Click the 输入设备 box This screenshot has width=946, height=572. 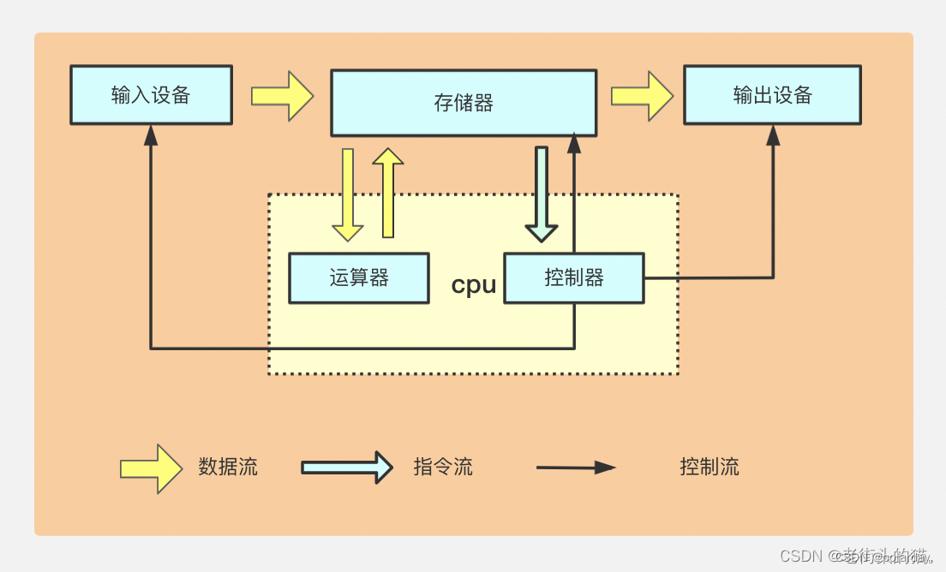tap(151, 95)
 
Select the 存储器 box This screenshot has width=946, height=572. tap(464, 103)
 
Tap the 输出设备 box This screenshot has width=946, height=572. tap(772, 95)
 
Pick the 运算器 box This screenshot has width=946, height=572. tap(359, 277)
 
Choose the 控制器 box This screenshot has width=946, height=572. tap(573, 277)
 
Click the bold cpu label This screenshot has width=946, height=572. tap(474, 285)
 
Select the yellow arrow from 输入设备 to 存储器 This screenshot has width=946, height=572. tap(282, 95)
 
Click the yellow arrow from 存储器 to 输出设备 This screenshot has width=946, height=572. tap(642, 95)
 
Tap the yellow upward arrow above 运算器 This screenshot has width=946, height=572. tap(388, 193)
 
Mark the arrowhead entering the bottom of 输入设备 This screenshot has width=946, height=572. tap(151, 134)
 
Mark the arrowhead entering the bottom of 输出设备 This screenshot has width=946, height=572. tap(773, 134)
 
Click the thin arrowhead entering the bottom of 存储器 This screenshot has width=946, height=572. tap(574, 144)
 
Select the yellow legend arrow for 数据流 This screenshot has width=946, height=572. tap(152, 468)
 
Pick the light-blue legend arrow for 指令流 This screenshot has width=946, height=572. tap(346, 468)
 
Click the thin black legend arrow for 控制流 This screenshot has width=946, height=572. tap(576, 468)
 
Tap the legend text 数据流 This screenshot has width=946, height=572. tap(228, 467)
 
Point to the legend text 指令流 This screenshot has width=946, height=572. tap(443, 467)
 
